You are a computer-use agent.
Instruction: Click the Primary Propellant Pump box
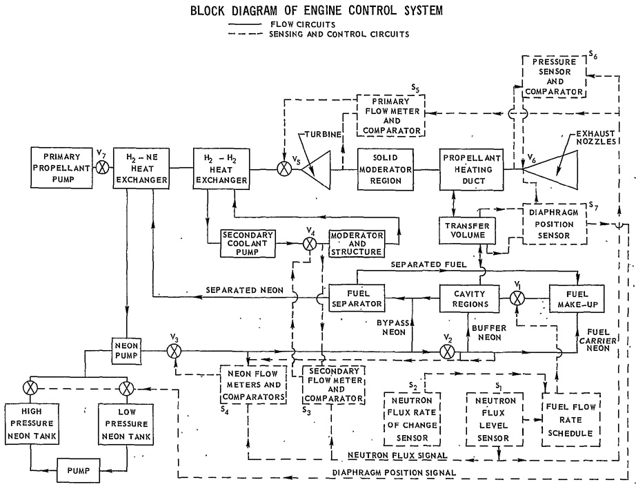pos(61,168)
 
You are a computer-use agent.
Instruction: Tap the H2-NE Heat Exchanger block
pos(141,168)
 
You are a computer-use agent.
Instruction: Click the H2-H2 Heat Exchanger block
pos(221,169)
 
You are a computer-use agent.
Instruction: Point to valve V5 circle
pos(284,169)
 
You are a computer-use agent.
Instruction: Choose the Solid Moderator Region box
pos(386,169)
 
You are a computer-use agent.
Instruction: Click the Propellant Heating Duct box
pos(472,169)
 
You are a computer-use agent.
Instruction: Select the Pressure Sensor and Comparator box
pos(554,77)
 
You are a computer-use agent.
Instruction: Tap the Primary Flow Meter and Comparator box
pos(391,116)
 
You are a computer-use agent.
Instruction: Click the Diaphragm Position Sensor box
pos(555,224)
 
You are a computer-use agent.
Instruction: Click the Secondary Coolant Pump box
pos(248,243)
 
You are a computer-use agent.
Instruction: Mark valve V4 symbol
pos(310,244)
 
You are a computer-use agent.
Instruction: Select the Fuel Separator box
pos(357,298)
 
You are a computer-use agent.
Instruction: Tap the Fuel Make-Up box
pos(577,299)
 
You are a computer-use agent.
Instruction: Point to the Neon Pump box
pos(126,350)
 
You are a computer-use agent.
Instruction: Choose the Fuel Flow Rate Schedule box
pos(571,419)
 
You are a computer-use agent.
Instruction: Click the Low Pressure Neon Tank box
pos(126,423)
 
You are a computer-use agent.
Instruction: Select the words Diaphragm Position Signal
pos(394,472)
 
